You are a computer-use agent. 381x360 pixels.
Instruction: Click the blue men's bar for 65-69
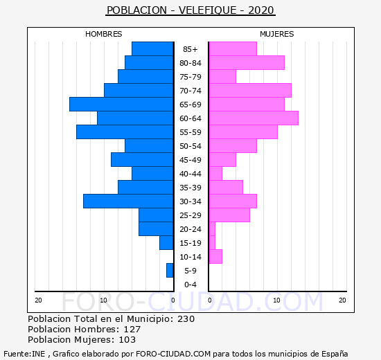point(121,105)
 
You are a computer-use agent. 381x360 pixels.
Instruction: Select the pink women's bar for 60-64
point(254,118)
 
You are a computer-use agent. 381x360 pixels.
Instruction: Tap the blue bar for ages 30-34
point(128,201)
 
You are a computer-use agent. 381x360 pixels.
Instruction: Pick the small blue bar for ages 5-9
point(170,271)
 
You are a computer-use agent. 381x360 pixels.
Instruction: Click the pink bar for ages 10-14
point(215,257)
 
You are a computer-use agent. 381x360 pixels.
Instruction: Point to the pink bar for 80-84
point(247,63)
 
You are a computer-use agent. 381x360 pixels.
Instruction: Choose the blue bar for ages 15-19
point(166,243)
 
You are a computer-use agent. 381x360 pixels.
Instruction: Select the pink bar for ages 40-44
point(215,174)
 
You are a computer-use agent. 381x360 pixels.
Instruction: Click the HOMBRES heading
point(104,34)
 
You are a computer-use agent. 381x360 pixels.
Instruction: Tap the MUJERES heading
point(277,34)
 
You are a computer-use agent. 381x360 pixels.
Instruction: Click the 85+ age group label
point(190,49)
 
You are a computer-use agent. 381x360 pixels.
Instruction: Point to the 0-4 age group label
point(190,285)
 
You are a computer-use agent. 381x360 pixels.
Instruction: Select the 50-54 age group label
point(190,146)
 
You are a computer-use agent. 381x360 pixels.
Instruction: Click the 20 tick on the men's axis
point(38,300)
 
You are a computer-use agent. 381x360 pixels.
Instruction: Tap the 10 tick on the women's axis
point(277,300)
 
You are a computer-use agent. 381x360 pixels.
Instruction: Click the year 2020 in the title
point(261,10)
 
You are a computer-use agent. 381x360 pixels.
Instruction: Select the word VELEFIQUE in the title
point(208,10)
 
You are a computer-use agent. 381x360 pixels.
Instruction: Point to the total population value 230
point(186,319)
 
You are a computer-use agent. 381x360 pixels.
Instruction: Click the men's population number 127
point(132,330)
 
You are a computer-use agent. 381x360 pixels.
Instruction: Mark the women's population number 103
point(127,340)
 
